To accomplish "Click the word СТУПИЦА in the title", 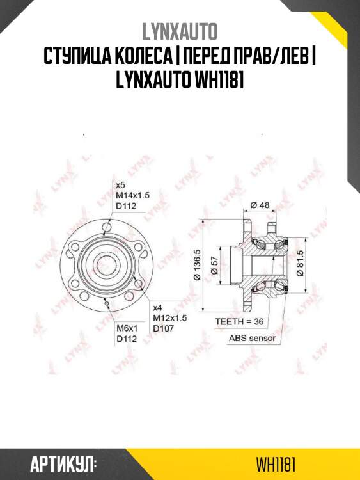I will click(x=75, y=56).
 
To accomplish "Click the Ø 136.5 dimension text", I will click(x=198, y=264).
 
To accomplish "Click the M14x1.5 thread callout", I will click(x=132, y=195).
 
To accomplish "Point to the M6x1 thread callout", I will click(x=125, y=329).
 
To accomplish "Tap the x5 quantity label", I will click(x=120, y=184).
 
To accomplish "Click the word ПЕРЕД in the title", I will click(x=205, y=56).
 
